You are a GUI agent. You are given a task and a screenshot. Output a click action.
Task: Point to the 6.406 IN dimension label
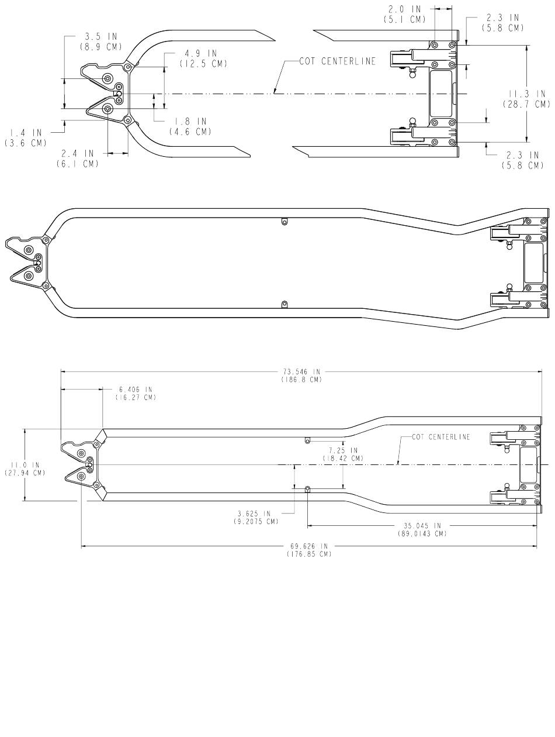136,389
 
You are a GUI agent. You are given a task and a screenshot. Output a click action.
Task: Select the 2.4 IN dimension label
77,153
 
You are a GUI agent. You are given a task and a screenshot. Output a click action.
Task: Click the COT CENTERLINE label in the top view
337,61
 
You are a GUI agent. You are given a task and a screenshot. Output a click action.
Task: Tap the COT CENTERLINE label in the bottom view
440,437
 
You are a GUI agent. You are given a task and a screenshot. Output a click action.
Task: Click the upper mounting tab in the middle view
284,221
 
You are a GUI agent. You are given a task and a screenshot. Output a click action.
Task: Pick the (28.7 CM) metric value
526,104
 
